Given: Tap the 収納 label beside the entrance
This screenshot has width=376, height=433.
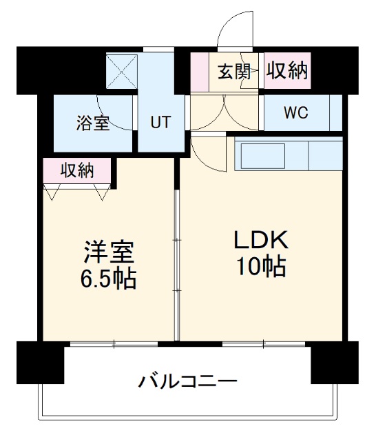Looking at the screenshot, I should click(x=286, y=70).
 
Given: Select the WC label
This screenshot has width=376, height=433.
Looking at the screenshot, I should click(x=297, y=112).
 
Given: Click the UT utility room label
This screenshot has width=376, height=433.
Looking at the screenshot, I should click(x=160, y=123).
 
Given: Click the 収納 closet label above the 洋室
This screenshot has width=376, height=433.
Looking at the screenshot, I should click(x=76, y=169).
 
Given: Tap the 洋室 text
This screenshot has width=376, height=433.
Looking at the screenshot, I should click(x=108, y=252).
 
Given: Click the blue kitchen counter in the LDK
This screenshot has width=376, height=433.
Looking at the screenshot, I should click(x=288, y=154).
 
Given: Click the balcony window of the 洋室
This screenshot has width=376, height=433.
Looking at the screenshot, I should click(x=114, y=343).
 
